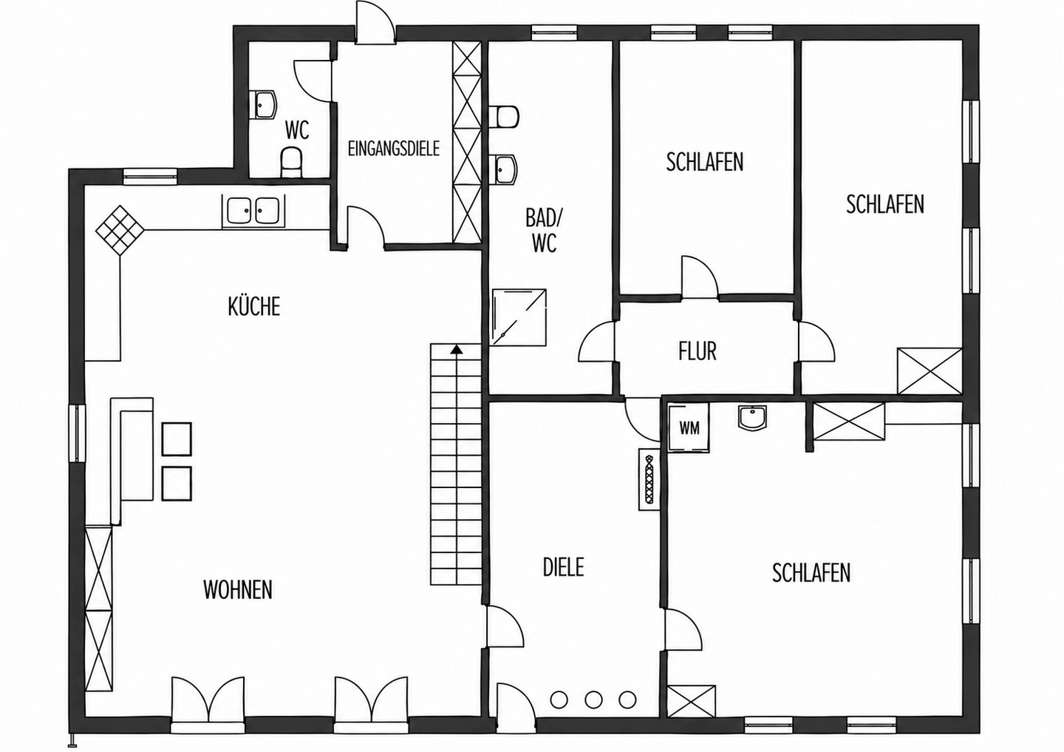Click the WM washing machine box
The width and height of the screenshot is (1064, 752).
click(x=689, y=428)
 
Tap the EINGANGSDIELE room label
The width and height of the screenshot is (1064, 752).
click(x=394, y=149)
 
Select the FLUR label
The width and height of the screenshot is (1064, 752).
click(x=698, y=351)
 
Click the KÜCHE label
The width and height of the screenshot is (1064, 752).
click(x=254, y=306)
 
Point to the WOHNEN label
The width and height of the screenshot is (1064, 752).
click(x=238, y=590)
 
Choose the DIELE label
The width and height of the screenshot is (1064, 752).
click(x=563, y=567)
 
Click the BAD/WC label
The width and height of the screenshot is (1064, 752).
click(x=544, y=230)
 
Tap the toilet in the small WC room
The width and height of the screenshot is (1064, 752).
click(x=291, y=162)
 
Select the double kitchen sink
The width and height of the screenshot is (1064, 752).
click(x=253, y=209)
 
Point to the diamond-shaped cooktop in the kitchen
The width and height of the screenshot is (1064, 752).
click(x=120, y=230)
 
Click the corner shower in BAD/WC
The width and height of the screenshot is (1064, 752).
click(x=519, y=316)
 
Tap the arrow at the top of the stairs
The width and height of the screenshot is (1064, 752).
click(x=457, y=350)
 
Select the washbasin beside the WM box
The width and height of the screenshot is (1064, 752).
click(x=753, y=417)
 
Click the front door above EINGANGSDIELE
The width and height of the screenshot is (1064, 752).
click(x=375, y=23)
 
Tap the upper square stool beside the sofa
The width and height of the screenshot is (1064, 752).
click(x=177, y=438)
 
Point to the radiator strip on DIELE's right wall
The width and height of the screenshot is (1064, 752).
click(x=649, y=480)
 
